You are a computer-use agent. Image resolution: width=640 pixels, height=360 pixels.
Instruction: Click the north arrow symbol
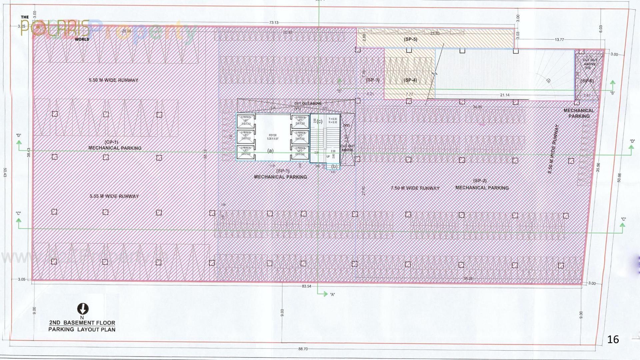click(x=83, y=309)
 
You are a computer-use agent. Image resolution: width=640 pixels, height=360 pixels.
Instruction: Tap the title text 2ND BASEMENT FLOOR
click(x=82, y=323)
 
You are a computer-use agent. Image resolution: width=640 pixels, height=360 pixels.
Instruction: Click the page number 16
click(x=613, y=340)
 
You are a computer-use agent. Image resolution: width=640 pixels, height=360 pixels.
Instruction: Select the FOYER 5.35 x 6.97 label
click(x=272, y=137)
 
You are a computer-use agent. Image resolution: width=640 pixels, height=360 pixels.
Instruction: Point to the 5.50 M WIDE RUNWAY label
click(x=113, y=80)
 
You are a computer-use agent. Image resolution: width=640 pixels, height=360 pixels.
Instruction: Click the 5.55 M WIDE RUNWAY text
click(x=114, y=196)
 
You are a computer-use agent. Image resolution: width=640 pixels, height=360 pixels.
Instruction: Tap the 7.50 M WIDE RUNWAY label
click(x=415, y=188)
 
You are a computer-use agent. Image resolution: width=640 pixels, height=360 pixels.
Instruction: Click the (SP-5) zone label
click(x=410, y=39)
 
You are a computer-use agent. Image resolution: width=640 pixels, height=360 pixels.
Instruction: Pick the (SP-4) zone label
click(x=410, y=80)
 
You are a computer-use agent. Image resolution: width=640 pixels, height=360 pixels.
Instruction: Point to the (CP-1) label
click(x=111, y=142)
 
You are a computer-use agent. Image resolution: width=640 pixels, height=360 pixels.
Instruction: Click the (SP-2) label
click(x=480, y=181)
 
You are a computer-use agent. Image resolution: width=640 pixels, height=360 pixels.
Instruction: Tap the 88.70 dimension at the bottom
click(x=303, y=349)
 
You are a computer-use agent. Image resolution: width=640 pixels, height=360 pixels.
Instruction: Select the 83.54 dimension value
click(x=306, y=286)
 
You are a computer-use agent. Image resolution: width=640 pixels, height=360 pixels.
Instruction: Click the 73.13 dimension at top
click(x=274, y=23)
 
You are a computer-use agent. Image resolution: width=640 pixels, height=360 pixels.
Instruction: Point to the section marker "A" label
click(x=332, y=295)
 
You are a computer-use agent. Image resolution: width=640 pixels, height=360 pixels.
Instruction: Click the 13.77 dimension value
click(x=559, y=40)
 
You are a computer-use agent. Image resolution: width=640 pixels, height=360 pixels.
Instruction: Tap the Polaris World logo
click(x=55, y=28)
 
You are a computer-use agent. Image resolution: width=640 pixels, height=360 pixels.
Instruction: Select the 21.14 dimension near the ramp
click(x=505, y=95)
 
